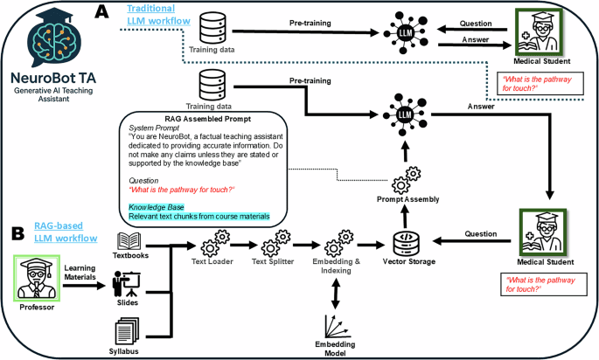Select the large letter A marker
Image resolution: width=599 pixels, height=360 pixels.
click(x=102, y=12)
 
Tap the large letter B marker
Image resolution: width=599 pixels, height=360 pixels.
click(x=16, y=234)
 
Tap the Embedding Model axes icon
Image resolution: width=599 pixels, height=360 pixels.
click(x=336, y=324)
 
